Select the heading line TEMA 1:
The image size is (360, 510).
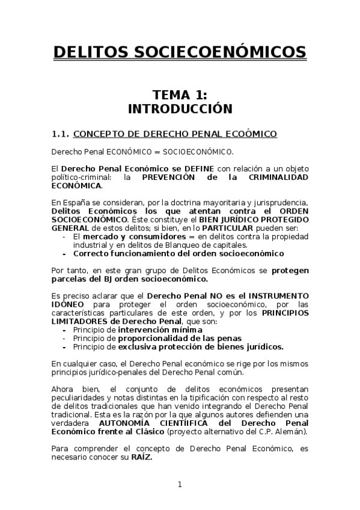(x=180, y=94)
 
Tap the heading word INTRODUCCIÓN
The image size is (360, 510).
(x=180, y=109)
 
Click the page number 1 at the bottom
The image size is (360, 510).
(x=180, y=484)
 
